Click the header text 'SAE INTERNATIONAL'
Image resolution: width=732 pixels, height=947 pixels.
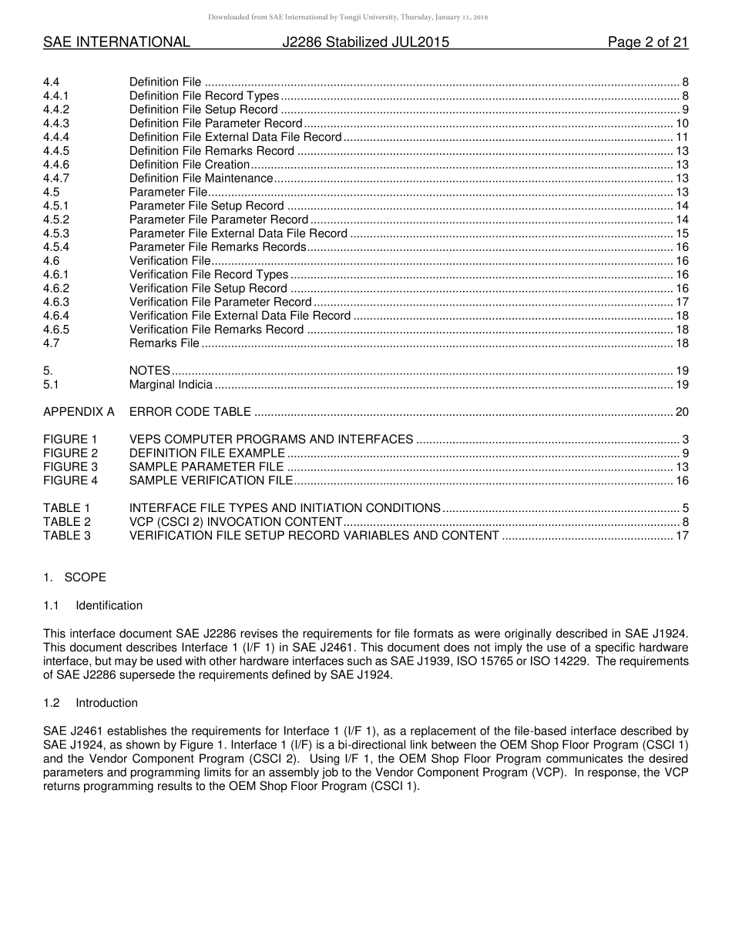click(x=116, y=42)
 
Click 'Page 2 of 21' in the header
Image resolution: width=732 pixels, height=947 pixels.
click(x=647, y=42)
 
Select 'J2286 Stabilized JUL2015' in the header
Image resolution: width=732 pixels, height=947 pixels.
click(x=365, y=42)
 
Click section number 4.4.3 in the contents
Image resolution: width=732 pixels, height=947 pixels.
click(x=56, y=123)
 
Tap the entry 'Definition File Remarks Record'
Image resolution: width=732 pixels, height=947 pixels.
click(x=211, y=151)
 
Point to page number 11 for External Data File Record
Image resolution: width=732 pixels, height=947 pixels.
click(x=681, y=137)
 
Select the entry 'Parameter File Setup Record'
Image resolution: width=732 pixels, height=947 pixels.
click(x=207, y=206)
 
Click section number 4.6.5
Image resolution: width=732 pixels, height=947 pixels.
click(x=56, y=330)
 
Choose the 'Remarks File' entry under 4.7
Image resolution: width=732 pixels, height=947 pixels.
click(x=164, y=343)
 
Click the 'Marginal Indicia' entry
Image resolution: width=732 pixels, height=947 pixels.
click(x=170, y=384)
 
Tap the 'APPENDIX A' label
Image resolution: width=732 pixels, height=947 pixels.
click(x=79, y=412)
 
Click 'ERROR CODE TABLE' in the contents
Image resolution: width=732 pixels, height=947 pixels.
click(x=190, y=412)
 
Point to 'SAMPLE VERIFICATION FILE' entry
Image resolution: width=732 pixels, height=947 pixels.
click(x=210, y=480)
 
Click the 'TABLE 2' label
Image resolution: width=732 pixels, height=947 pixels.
click(x=66, y=522)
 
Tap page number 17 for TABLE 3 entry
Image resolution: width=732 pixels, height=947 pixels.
click(x=681, y=536)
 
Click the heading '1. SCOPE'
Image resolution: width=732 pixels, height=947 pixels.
click(x=75, y=577)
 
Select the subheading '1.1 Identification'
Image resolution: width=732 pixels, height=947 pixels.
click(x=93, y=605)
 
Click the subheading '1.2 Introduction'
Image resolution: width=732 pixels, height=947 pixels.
click(x=91, y=703)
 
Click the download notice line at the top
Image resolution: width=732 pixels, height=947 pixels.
click(x=365, y=17)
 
